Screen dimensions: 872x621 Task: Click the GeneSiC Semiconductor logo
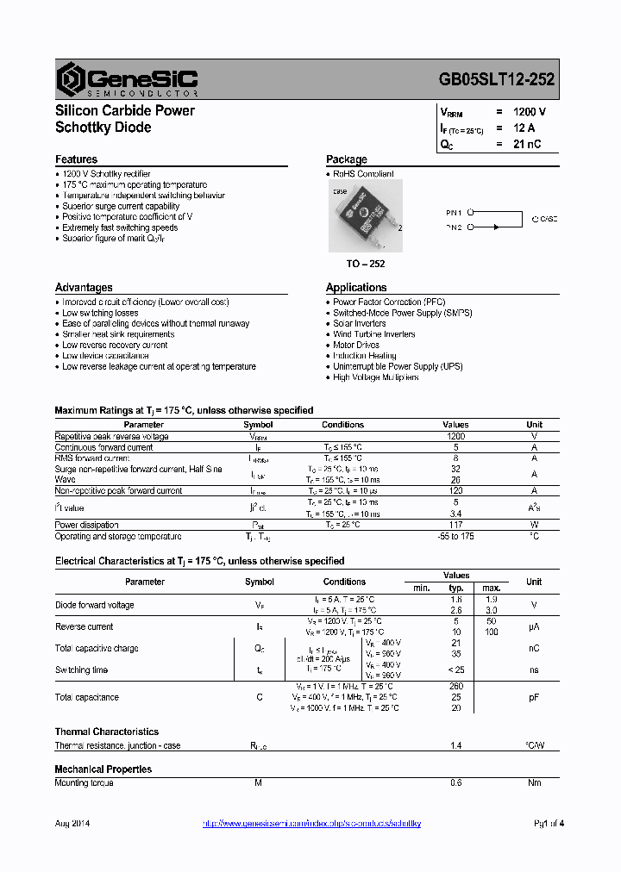[x=127, y=79]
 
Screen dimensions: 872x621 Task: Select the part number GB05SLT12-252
[x=497, y=79]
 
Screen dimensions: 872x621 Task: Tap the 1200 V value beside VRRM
[x=529, y=112]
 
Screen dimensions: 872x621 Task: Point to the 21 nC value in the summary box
[x=526, y=144]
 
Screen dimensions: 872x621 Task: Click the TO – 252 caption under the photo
[x=365, y=264]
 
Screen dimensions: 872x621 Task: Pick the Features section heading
[x=76, y=159]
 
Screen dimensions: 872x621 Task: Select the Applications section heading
[x=356, y=288]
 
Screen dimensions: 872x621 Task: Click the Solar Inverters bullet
[x=360, y=324]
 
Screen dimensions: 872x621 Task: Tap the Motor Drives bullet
[x=356, y=345]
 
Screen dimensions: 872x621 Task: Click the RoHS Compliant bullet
[x=363, y=174]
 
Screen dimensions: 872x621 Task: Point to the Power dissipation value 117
[x=455, y=525]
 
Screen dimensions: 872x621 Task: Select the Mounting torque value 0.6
[x=455, y=782]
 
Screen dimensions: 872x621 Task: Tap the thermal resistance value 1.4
[x=455, y=745]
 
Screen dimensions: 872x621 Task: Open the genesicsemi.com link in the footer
[x=311, y=824]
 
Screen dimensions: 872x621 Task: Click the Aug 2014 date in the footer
[x=72, y=824]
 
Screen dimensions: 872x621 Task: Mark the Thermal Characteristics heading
[x=107, y=732]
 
